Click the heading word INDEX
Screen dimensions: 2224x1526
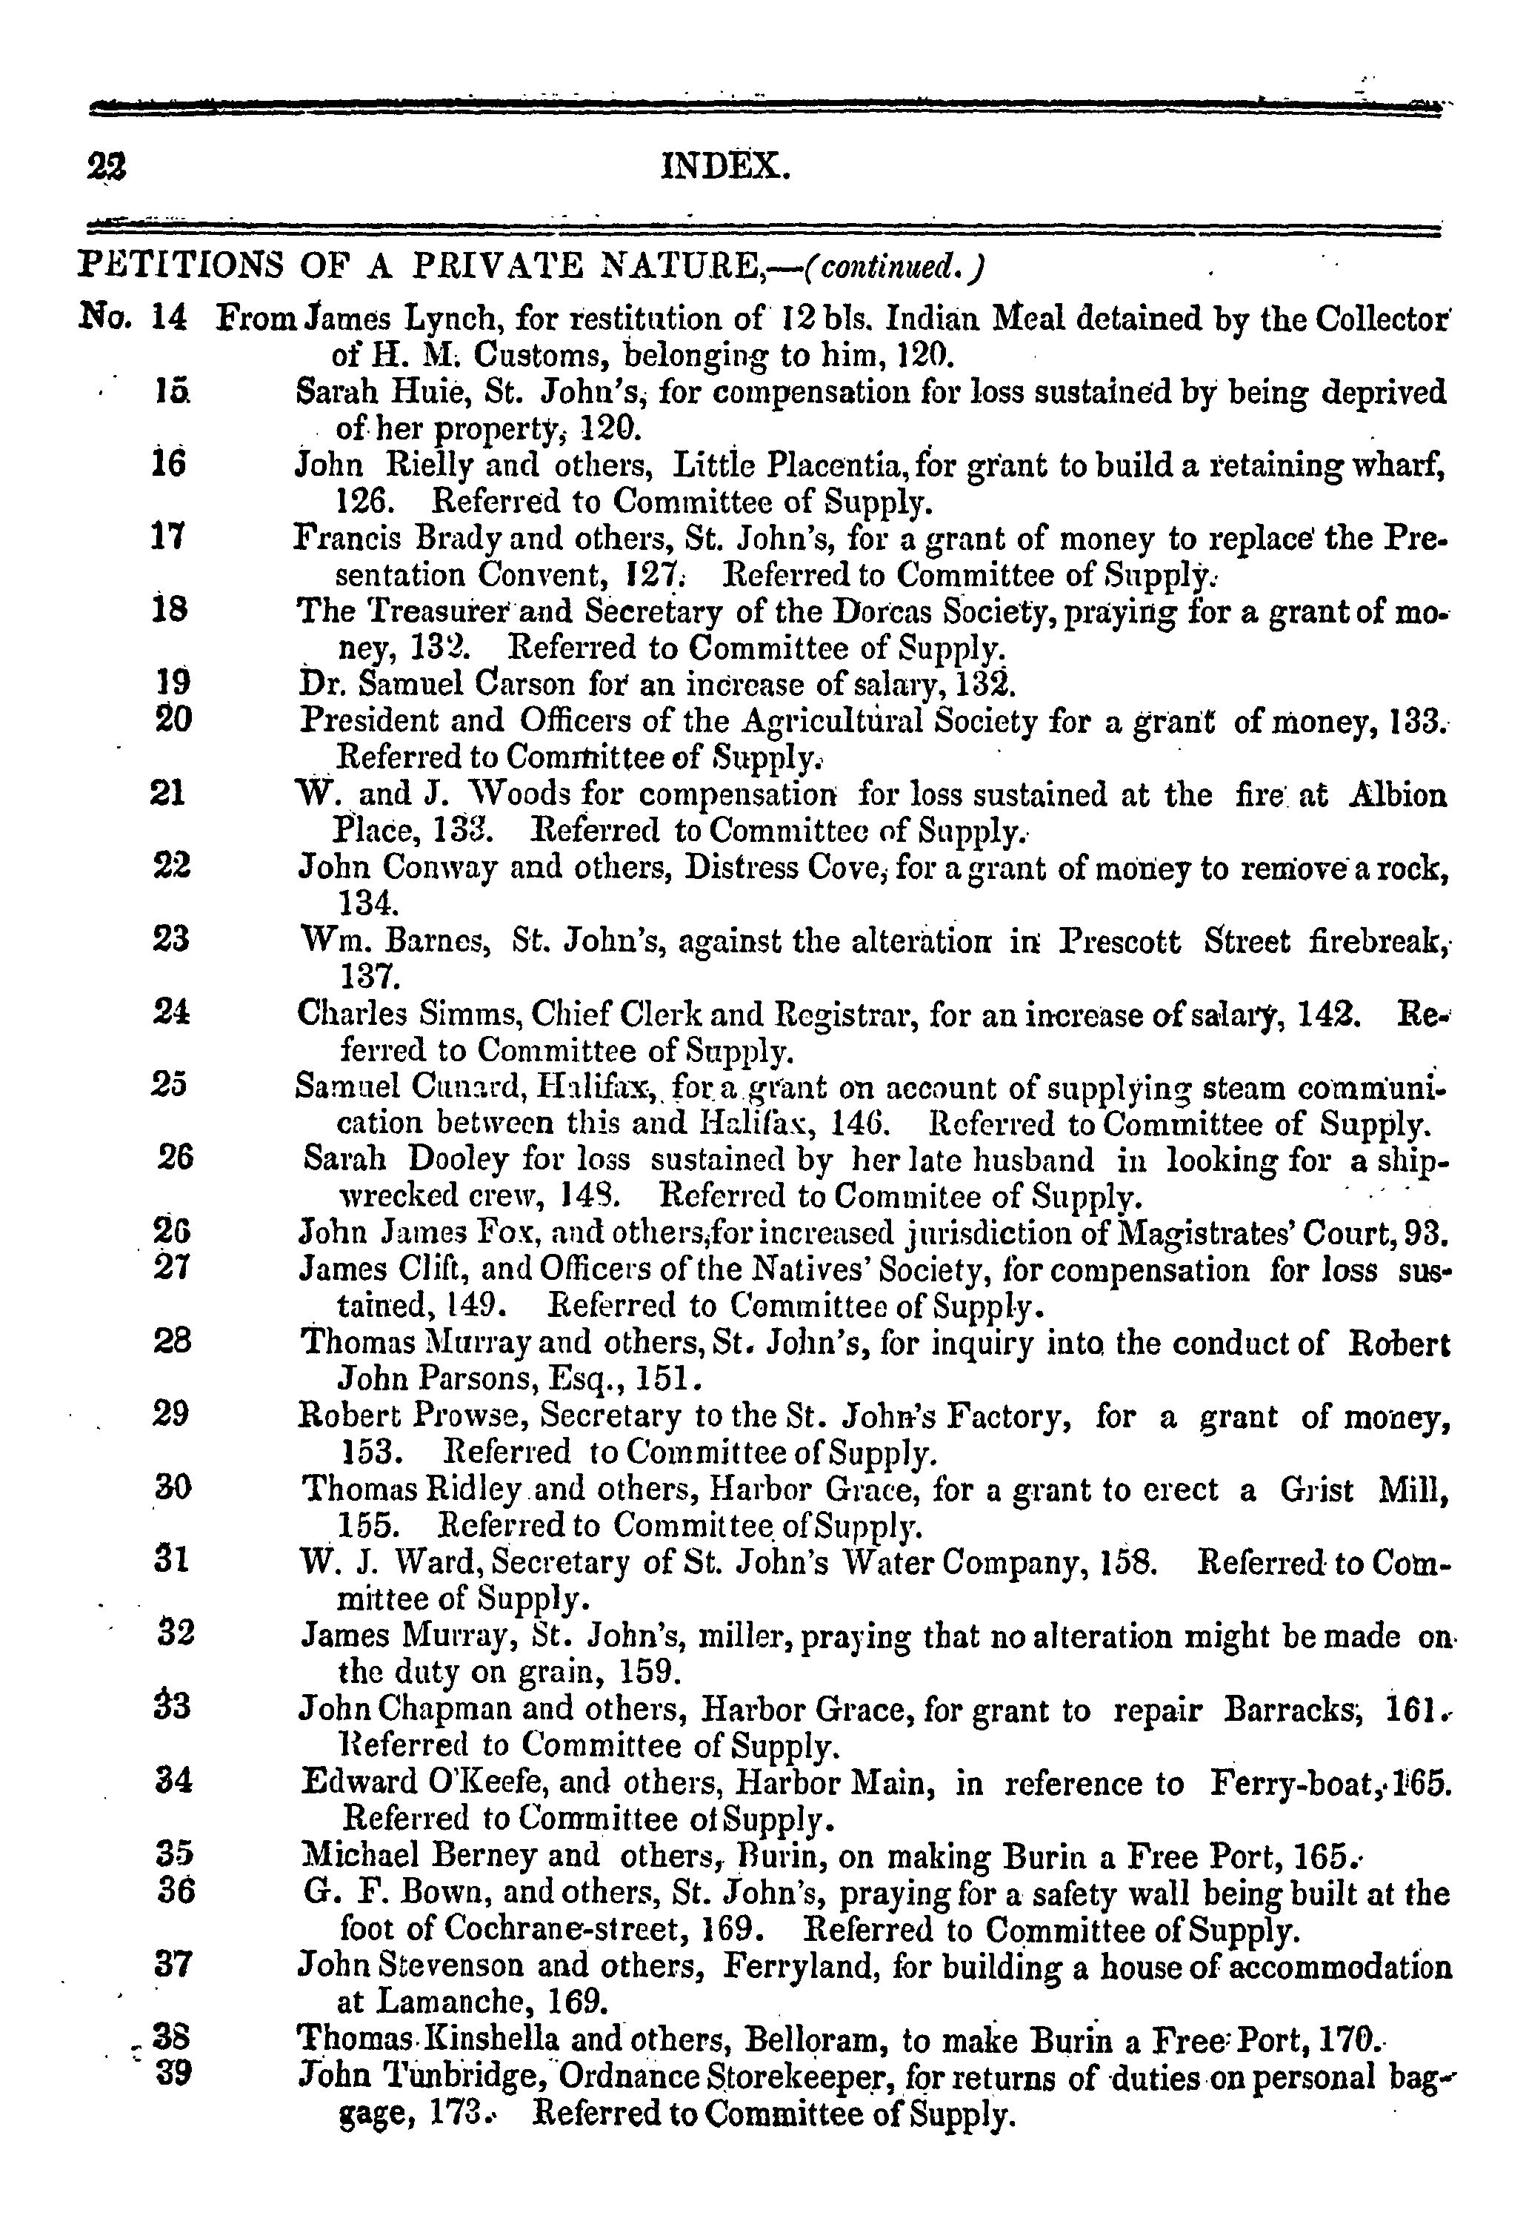click(x=726, y=168)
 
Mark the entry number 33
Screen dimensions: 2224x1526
click(x=172, y=1707)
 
